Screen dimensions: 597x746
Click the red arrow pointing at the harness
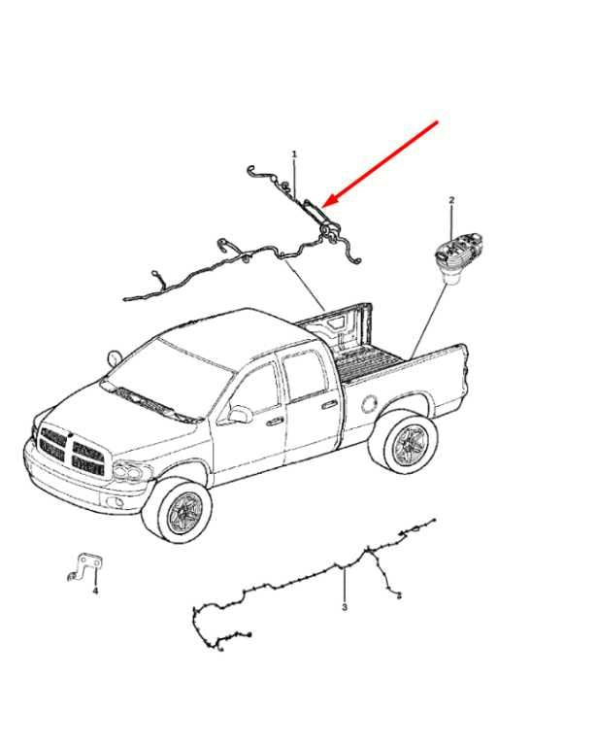(381, 163)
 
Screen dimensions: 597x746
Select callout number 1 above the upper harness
(294, 154)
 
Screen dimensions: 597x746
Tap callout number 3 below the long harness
(345, 607)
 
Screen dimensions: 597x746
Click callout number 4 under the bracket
(95, 591)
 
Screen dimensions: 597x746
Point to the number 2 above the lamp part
(451, 200)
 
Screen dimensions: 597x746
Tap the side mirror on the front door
(241, 414)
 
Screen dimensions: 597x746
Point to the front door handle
(274, 422)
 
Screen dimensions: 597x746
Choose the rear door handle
(328, 405)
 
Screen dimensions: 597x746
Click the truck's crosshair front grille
(72, 451)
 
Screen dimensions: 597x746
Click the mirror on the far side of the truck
(115, 357)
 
